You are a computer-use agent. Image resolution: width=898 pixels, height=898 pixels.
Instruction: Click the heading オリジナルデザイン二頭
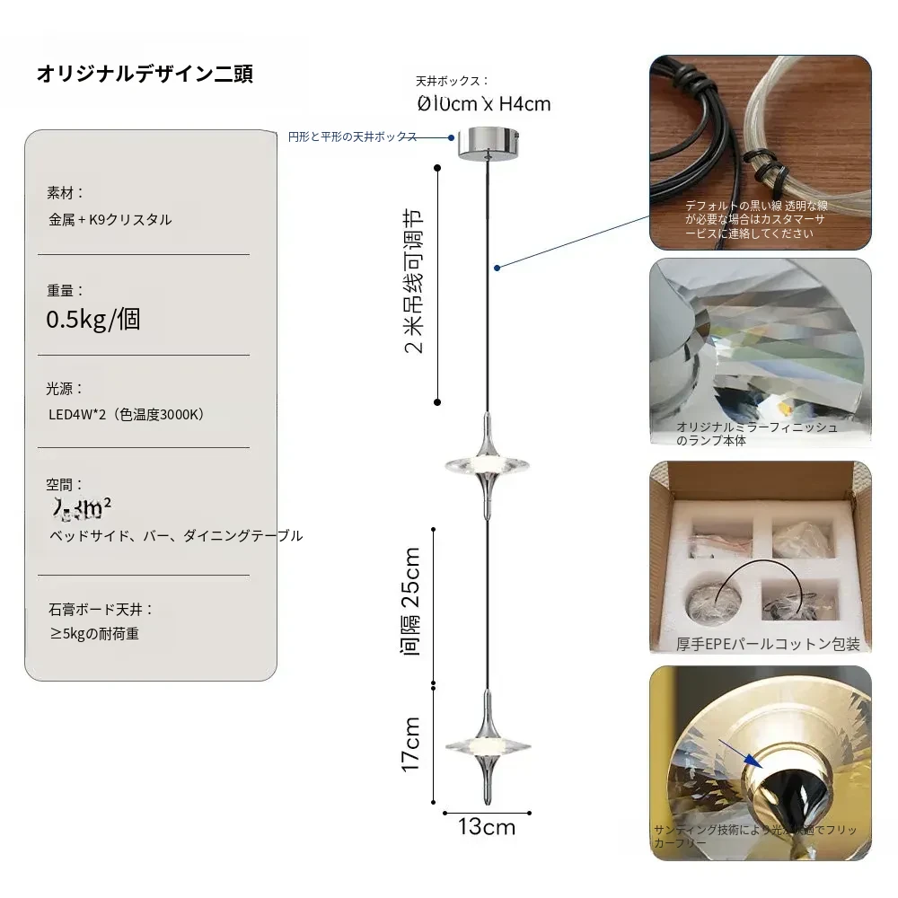[145, 74]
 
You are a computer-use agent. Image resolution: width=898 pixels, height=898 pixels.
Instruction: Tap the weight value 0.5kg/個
[93, 320]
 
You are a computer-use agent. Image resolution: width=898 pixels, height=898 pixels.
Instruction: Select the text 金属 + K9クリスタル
[110, 219]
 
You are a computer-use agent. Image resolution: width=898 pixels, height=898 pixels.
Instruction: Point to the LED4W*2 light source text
[127, 415]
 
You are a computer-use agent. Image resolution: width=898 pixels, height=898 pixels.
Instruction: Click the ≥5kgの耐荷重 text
[94, 634]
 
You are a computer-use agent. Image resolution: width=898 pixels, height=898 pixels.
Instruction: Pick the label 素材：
[66, 192]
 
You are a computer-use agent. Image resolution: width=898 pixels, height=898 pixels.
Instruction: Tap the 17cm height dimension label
[411, 744]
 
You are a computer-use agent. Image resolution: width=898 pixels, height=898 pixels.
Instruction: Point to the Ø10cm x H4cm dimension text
[484, 104]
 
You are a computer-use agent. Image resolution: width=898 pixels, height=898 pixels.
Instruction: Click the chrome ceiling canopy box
[489, 143]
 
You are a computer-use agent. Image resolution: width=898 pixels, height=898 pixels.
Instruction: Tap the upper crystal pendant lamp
[486, 465]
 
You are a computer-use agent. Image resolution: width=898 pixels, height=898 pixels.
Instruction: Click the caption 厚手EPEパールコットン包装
[768, 644]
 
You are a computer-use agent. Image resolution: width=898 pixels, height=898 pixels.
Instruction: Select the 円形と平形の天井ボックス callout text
[352, 136]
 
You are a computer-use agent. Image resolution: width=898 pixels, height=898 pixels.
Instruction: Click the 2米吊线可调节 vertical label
[413, 284]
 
